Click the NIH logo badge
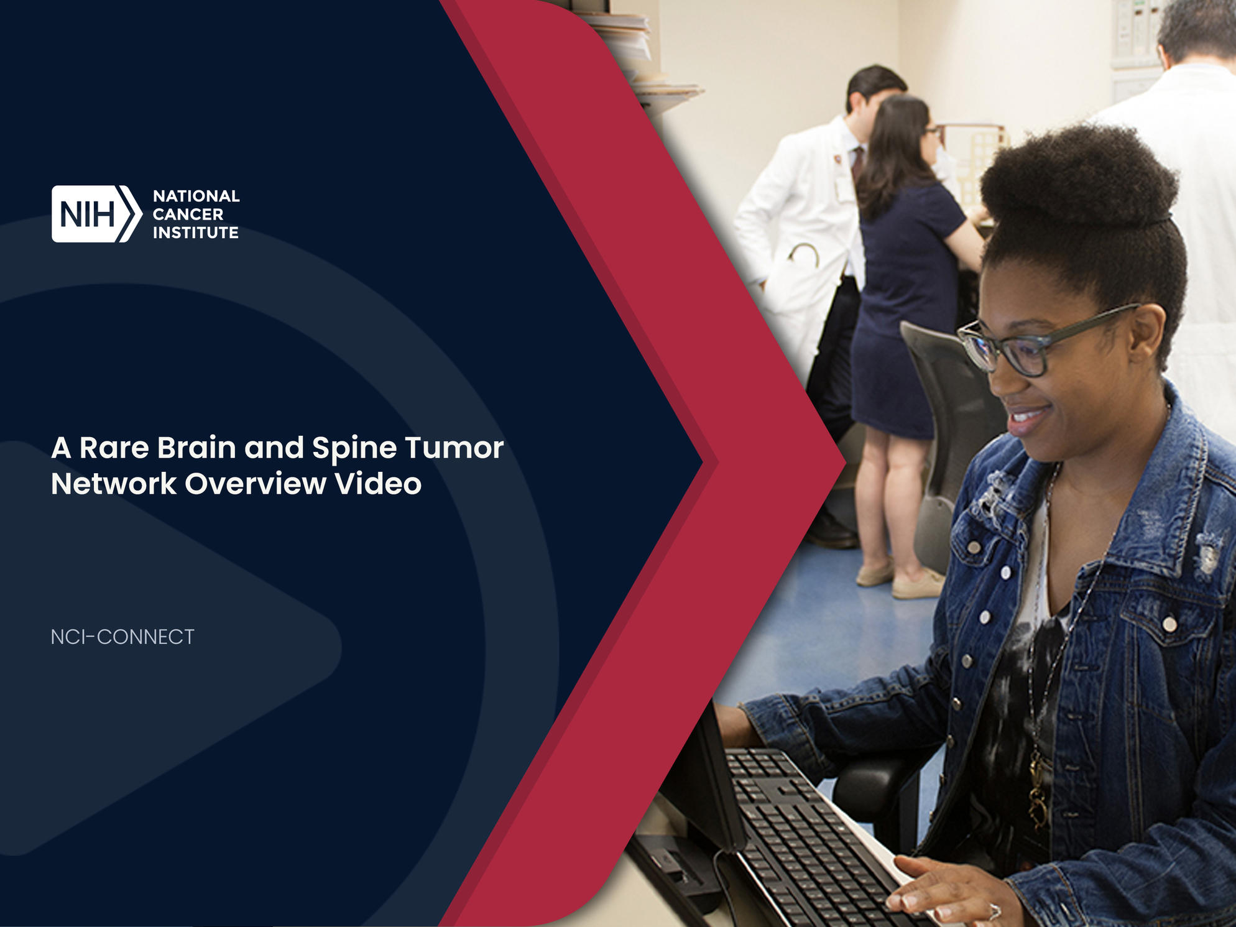(96, 214)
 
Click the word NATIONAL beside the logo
(196, 196)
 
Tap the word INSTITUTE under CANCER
(196, 233)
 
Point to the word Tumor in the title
(454, 448)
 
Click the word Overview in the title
(256, 484)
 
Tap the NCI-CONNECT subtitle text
(122, 637)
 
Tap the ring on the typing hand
(994, 911)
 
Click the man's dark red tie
(858, 163)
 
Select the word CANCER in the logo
(188, 214)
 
